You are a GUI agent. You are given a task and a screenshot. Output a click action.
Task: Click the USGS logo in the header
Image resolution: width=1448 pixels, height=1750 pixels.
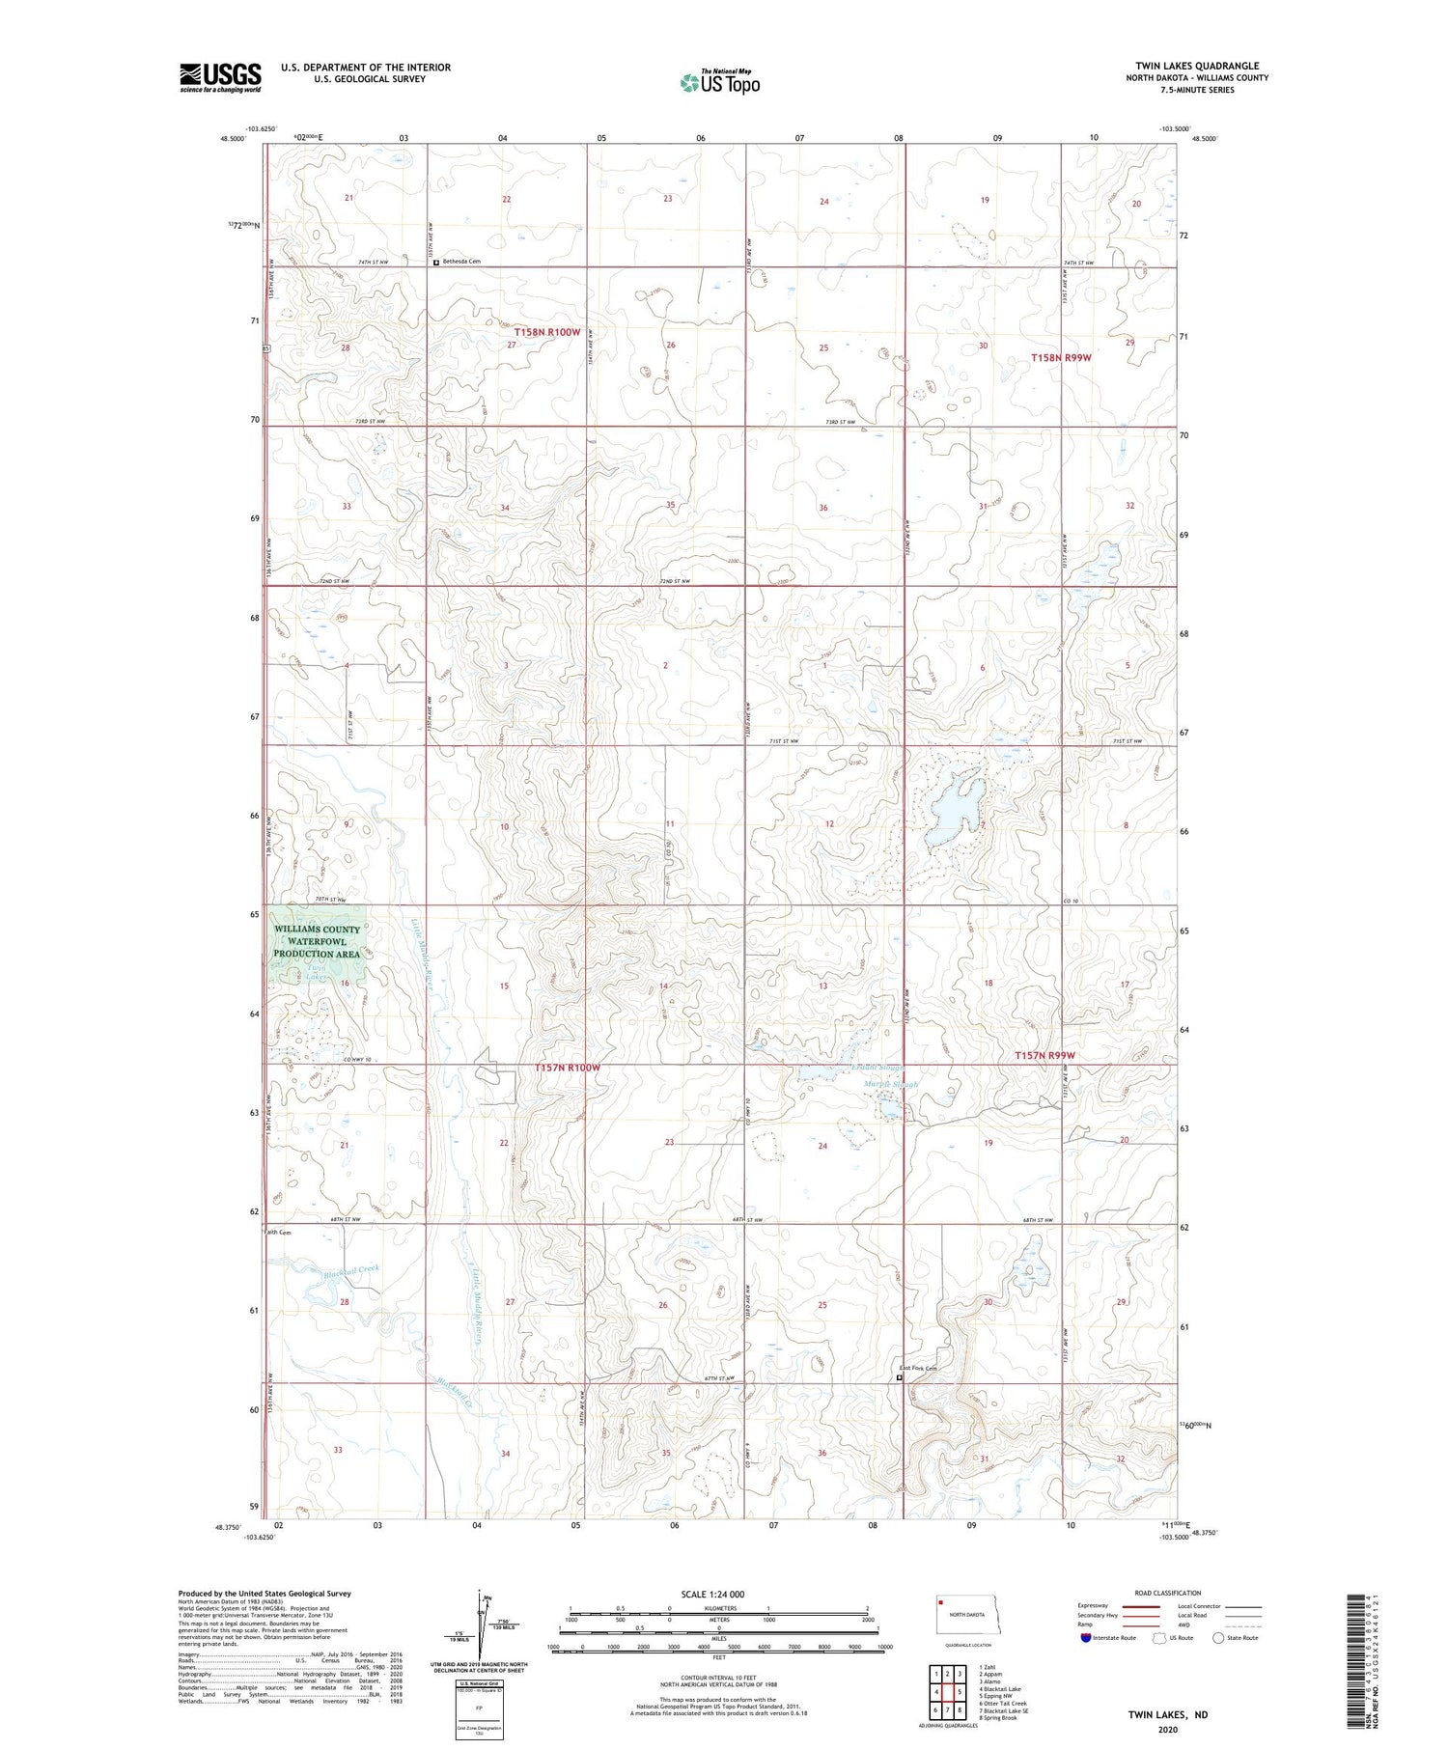[x=220, y=77]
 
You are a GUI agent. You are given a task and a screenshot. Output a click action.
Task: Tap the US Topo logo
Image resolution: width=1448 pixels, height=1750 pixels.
[x=719, y=83]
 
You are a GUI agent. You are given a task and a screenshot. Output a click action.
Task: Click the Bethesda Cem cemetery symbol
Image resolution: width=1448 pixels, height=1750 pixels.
[x=436, y=262]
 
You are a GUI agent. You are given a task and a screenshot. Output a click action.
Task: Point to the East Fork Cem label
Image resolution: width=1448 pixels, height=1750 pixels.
[x=918, y=1368]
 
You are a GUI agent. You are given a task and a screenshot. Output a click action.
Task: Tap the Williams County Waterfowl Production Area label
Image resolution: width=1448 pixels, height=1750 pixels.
[x=318, y=941]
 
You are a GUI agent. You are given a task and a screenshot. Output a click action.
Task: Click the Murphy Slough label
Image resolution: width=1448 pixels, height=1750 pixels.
[x=890, y=1084]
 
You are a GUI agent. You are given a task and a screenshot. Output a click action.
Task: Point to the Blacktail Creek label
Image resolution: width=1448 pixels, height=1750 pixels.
[x=351, y=1271]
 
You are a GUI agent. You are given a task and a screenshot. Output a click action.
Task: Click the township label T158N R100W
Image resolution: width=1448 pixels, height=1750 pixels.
[x=546, y=332]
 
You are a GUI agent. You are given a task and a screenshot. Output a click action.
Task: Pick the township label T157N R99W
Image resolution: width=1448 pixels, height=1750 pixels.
[x=1044, y=1055]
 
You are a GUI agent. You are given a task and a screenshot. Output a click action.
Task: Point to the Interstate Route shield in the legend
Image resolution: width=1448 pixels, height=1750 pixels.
[x=1086, y=1637]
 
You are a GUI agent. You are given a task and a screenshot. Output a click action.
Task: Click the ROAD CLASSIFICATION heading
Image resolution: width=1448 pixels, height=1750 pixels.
[x=1168, y=1593]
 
